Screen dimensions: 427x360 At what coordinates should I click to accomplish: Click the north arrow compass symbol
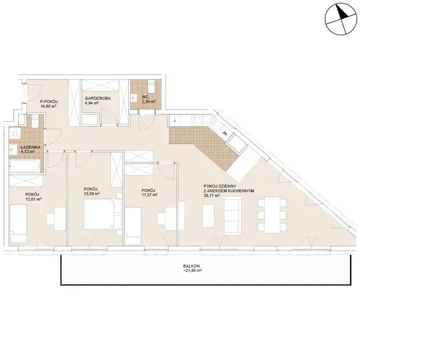pos(341,19)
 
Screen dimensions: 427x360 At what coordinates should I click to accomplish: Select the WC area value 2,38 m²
pos(149,101)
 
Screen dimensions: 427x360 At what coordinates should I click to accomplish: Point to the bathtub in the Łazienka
pos(25,167)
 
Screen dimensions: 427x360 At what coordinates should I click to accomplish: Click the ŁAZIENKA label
pos(30,147)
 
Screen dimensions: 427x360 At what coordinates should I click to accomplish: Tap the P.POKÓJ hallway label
pos(49,101)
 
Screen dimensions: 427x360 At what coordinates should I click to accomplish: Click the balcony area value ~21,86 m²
pos(192,271)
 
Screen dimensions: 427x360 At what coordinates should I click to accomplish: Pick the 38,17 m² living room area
pos(211,195)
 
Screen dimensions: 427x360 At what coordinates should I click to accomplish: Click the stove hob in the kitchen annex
pos(197,120)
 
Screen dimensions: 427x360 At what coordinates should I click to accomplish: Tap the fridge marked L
pos(175,121)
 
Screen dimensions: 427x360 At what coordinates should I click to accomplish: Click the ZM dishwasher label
pos(225,134)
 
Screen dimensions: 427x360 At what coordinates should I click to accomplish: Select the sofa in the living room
pos(233,215)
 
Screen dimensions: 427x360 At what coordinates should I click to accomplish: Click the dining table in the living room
pos(272,215)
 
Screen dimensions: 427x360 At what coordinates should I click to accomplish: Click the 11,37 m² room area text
pos(149,195)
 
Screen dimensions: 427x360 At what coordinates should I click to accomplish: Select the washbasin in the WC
pos(134,98)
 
